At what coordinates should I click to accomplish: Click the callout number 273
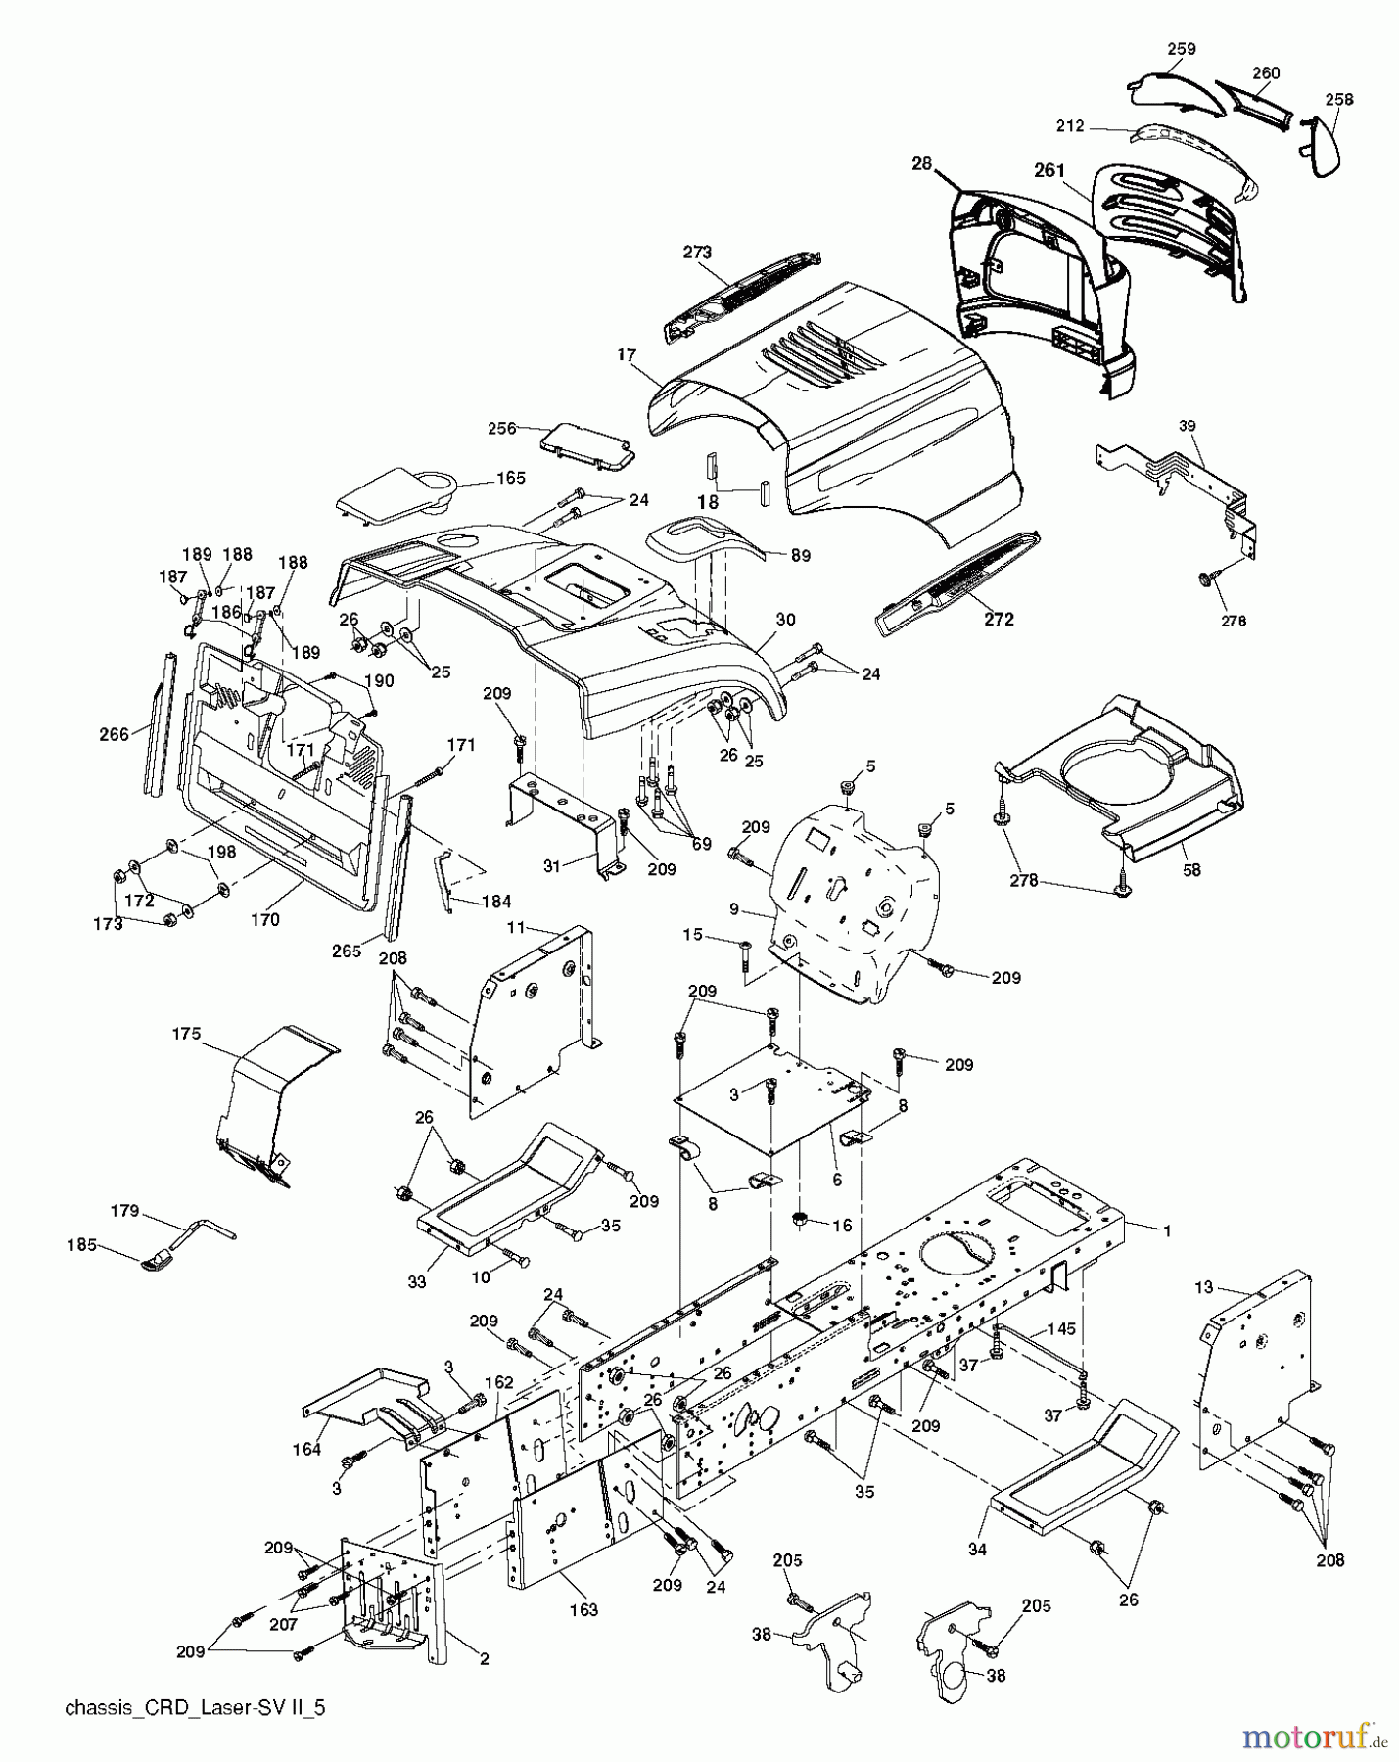pyautogui.click(x=697, y=252)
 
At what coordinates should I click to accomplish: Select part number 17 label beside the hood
pyautogui.click(x=627, y=355)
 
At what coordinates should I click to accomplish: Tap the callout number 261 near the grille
pyautogui.click(x=1049, y=170)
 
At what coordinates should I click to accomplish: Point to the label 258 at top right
pyautogui.click(x=1338, y=99)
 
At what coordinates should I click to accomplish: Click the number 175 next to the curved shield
pyautogui.click(x=186, y=1033)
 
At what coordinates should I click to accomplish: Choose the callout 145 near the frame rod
pyautogui.click(x=1061, y=1328)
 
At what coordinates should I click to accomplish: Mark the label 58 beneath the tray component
pyautogui.click(x=1190, y=869)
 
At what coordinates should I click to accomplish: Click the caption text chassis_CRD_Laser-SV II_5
pyautogui.click(x=194, y=1708)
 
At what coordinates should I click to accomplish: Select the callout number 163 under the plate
pyautogui.click(x=583, y=1609)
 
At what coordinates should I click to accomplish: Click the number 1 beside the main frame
pyautogui.click(x=1167, y=1229)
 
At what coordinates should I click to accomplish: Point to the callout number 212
pyautogui.click(x=1070, y=125)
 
